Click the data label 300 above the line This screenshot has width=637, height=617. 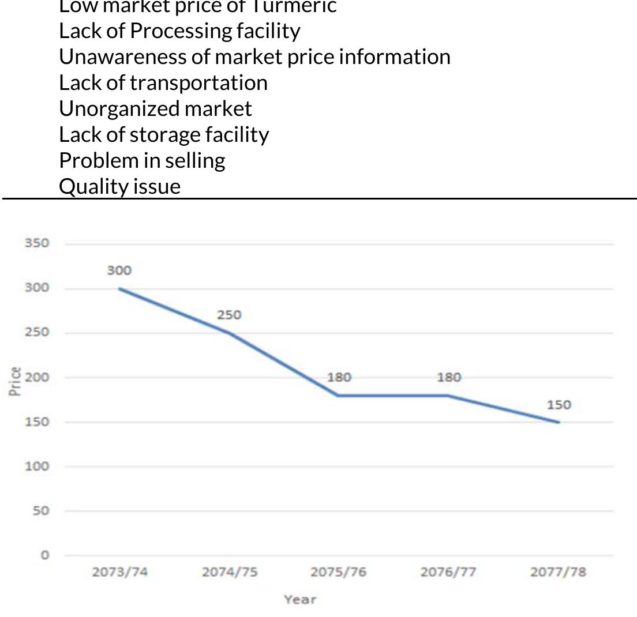click(x=119, y=270)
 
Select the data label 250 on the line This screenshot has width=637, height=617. click(x=229, y=315)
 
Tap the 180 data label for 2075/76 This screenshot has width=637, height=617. click(x=339, y=378)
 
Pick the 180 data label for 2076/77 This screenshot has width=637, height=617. click(x=449, y=378)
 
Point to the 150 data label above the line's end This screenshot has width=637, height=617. click(x=559, y=405)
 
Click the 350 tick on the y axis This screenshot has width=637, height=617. click(x=36, y=243)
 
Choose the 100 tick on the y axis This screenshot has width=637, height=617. click(x=36, y=466)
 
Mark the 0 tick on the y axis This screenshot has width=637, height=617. click(x=44, y=555)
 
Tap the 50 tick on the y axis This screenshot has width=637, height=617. click(x=40, y=511)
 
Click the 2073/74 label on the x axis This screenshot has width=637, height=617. click(x=119, y=572)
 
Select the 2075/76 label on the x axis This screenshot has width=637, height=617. click(x=339, y=572)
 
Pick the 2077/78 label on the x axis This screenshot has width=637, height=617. click(x=558, y=572)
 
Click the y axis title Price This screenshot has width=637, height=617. click(x=16, y=381)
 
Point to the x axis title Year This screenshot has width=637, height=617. click(x=300, y=600)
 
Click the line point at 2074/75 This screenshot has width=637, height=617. click(x=230, y=333)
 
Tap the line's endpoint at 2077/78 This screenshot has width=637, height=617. click(x=559, y=422)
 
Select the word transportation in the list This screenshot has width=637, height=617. click(x=198, y=82)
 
